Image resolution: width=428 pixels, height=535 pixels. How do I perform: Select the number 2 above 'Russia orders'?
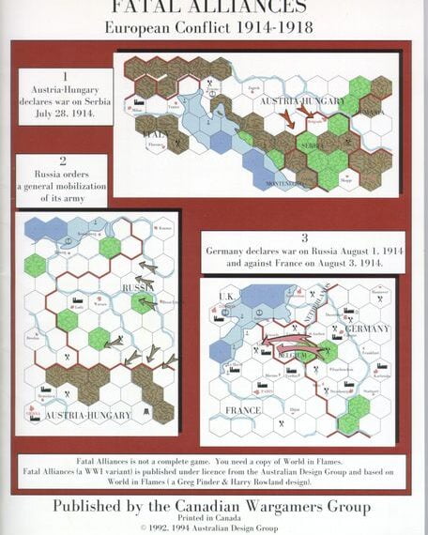[x=62, y=160]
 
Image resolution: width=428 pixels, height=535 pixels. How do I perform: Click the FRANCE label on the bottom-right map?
[x=244, y=410]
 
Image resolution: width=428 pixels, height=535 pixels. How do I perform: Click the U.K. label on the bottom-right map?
[x=225, y=298]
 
